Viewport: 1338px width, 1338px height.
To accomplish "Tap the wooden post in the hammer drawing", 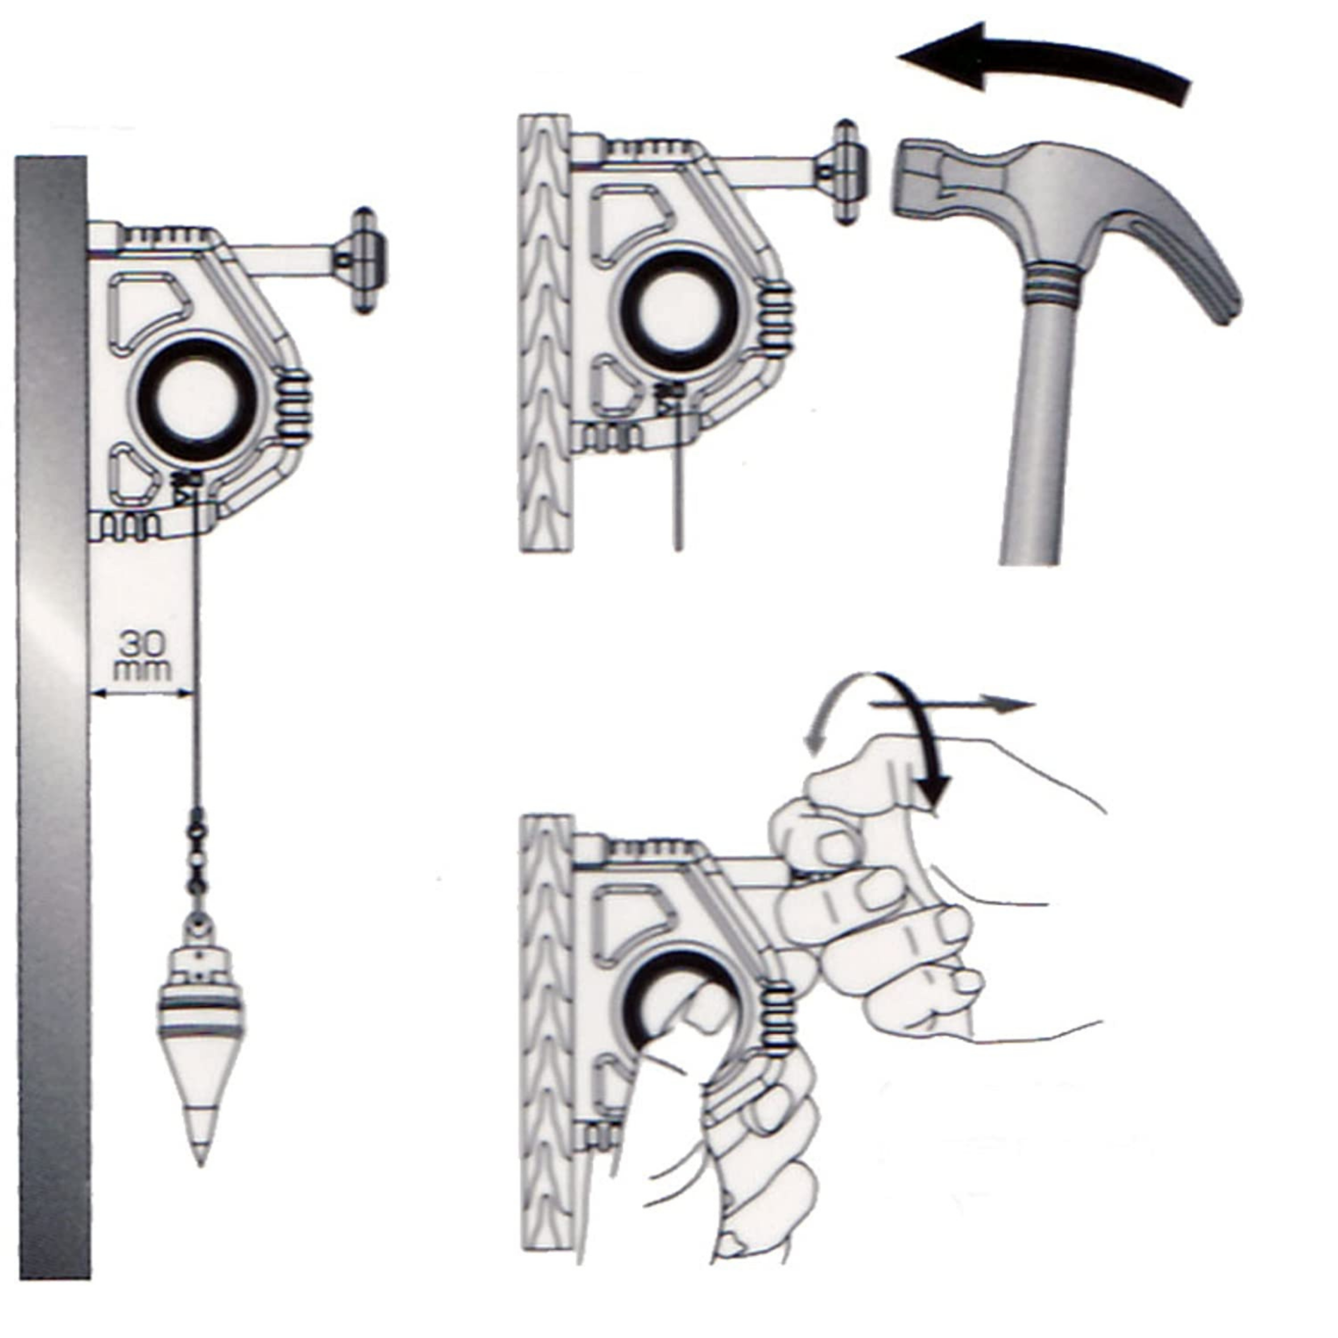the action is [545, 334].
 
